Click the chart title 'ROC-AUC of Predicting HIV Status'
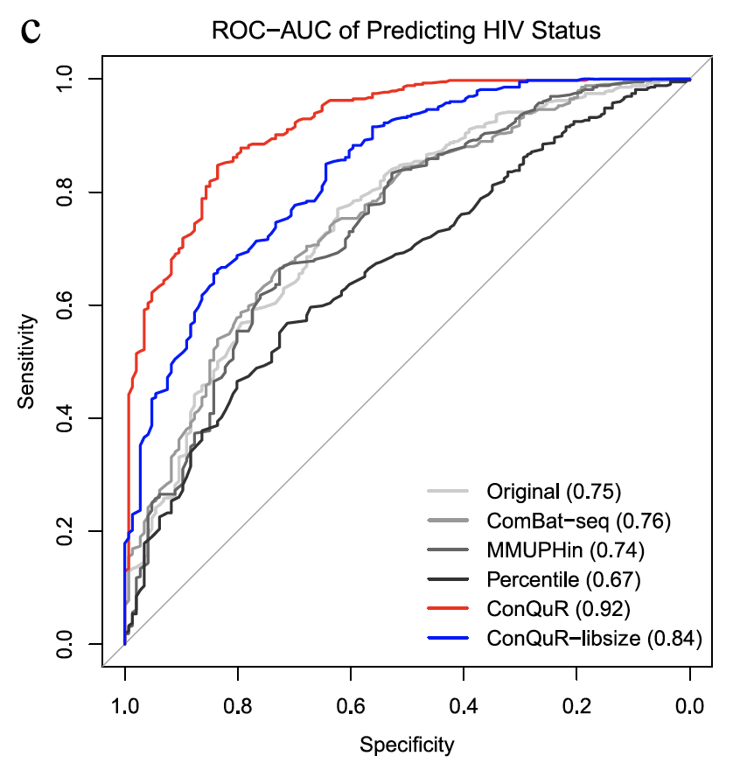click(408, 32)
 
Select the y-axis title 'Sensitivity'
click(29, 361)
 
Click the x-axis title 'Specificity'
click(408, 745)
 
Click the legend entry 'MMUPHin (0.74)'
click(566, 549)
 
